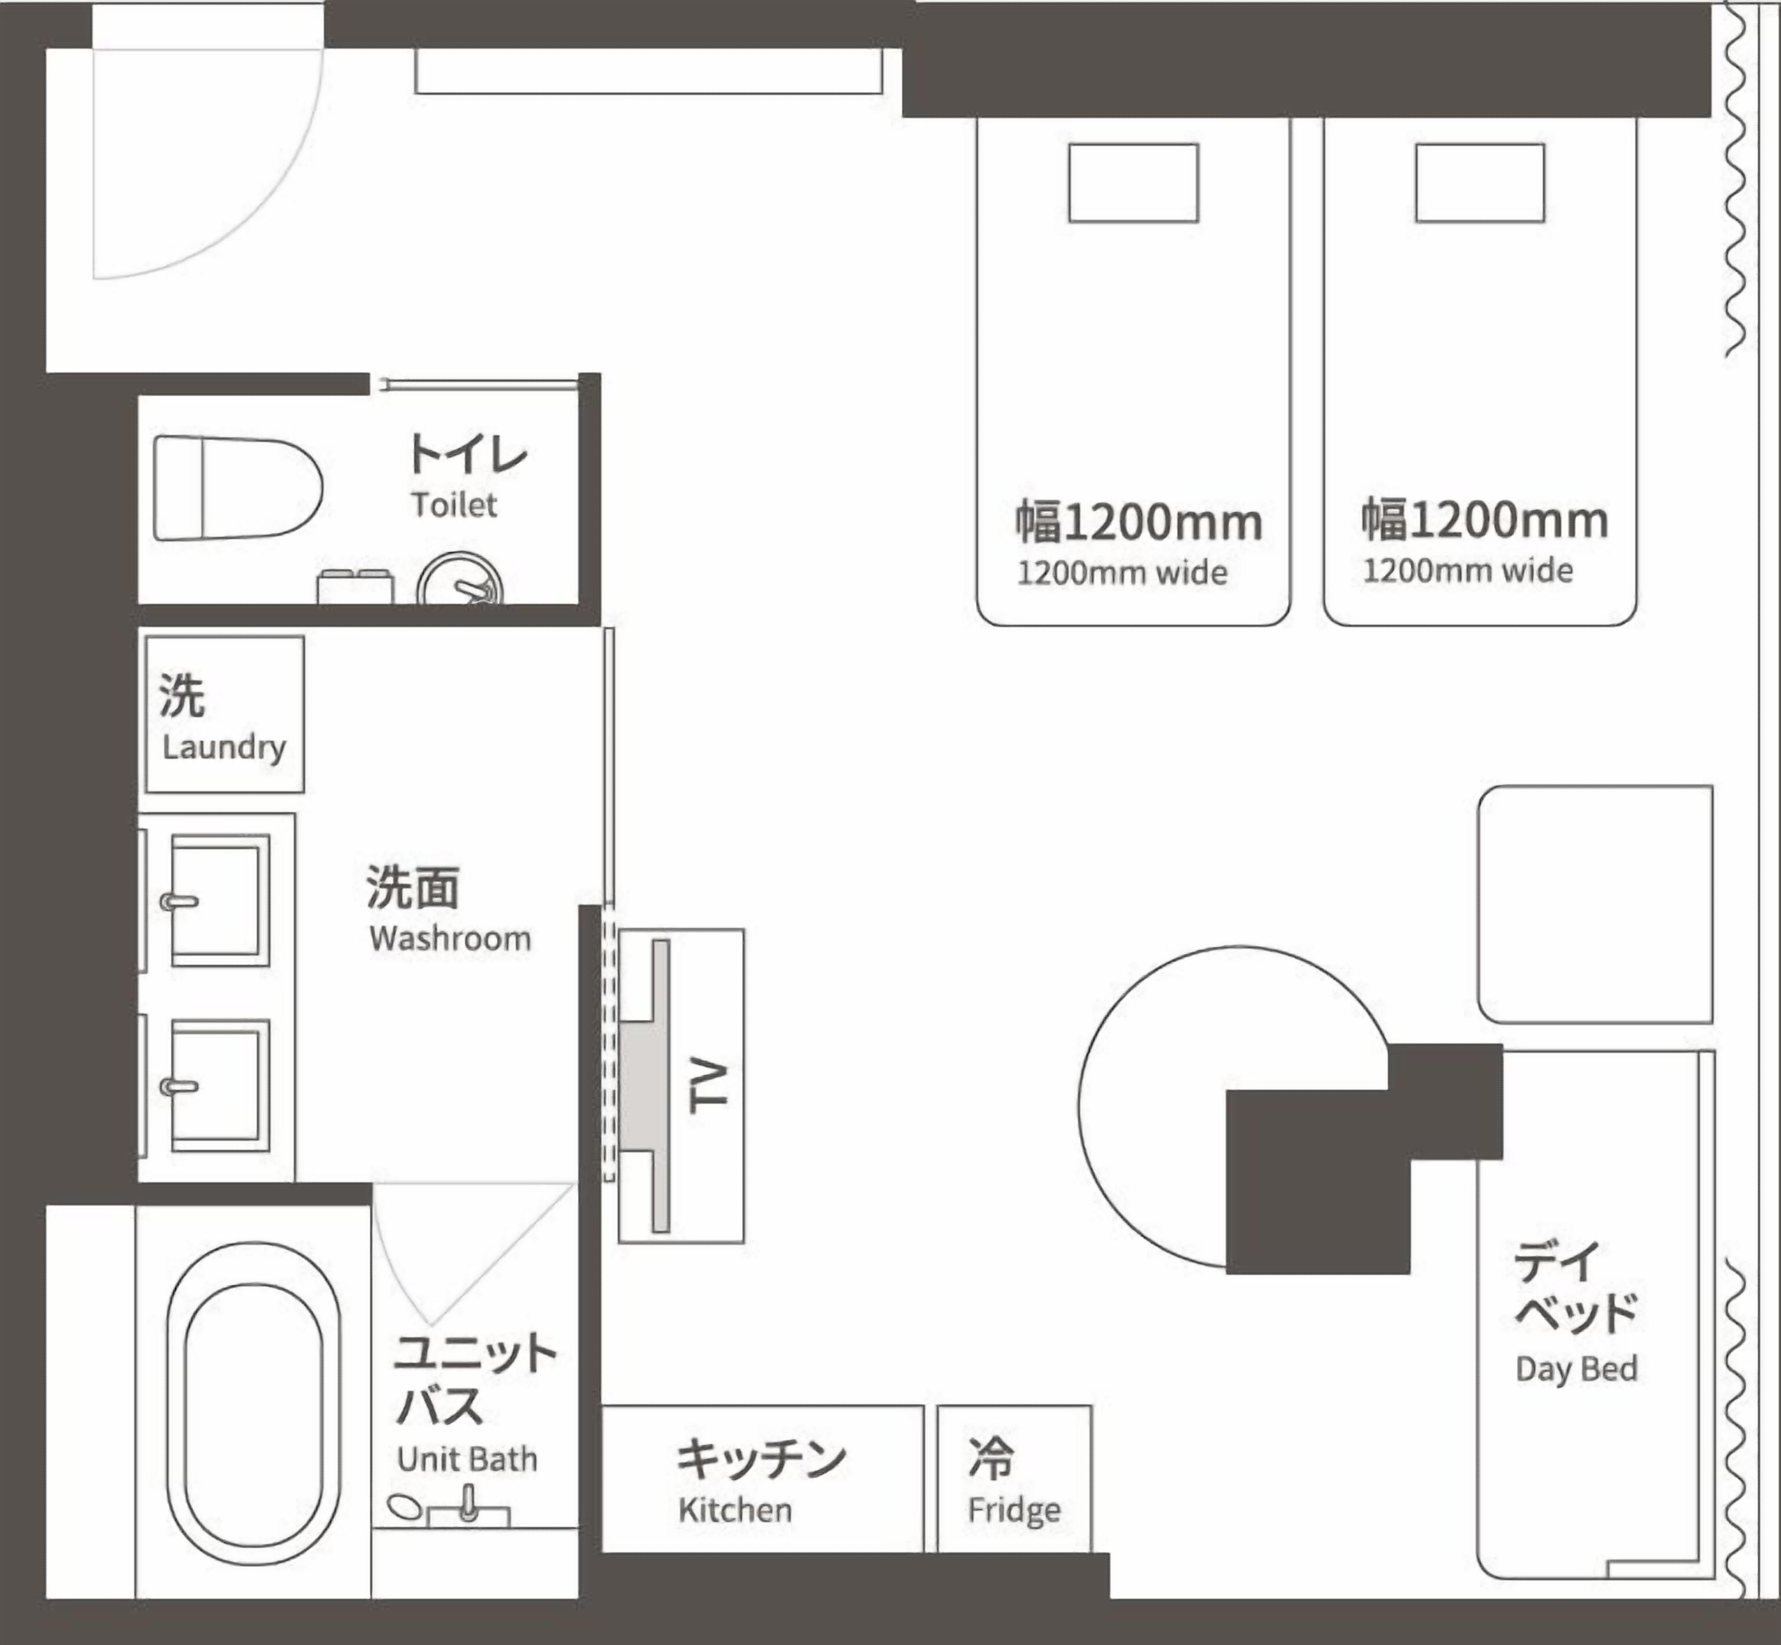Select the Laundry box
[x=224, y=714]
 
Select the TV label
[x=710, y=1086]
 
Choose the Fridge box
[x=1014, y=1480]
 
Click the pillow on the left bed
[x=1133, y=182]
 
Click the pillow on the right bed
[x=1479, y=182]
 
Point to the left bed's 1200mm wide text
[x=1121, y=573]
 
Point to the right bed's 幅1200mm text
[x=1484, y=521]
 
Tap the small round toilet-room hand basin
[x=459, y=583]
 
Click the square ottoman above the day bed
[x=1595, y=903]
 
